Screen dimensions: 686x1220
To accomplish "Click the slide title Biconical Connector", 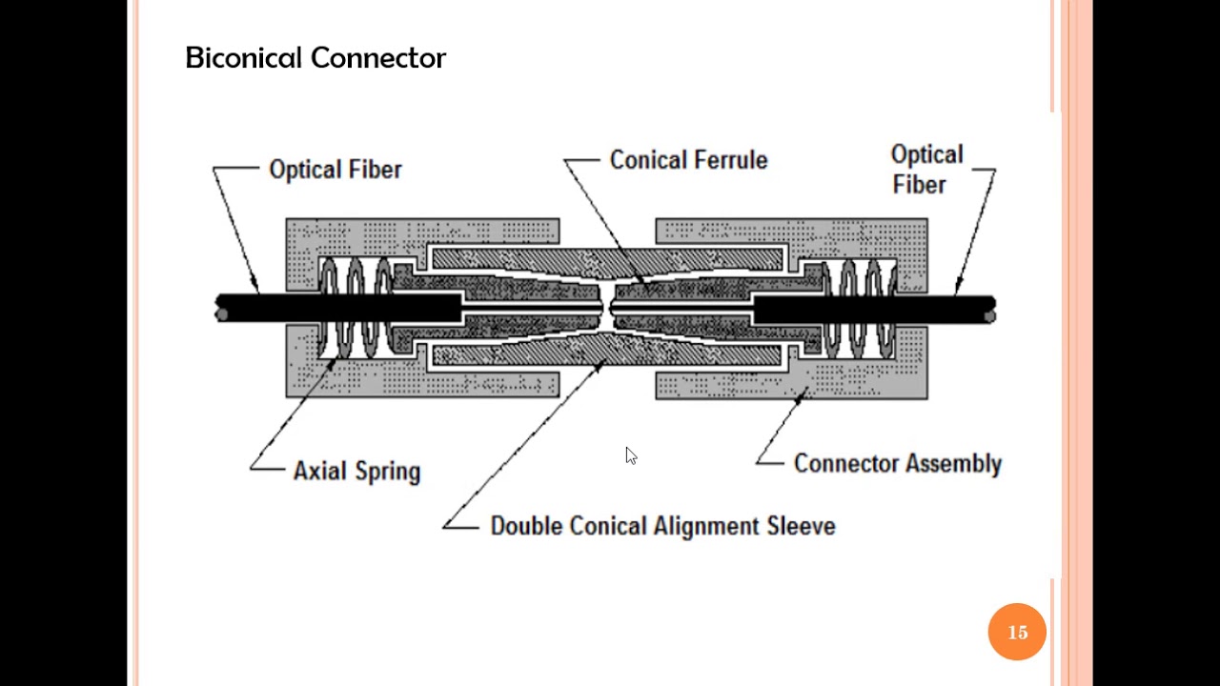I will (x=315, y=58).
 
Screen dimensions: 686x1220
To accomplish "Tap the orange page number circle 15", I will (x=1017, y=632).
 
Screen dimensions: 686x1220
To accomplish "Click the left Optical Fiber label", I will (x=335, y=170).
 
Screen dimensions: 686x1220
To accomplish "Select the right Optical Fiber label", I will (x=926, y=170).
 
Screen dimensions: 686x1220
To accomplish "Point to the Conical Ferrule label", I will (x=688, y=160).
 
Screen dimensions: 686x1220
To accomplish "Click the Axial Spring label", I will (x=356, y=471).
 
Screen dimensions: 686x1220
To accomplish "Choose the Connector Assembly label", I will (x=897, y=464).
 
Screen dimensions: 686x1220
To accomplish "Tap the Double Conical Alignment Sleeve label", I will (x=662, y=526).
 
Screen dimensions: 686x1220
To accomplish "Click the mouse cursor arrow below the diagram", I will (x=630, y=455).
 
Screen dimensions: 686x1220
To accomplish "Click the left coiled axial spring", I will (x=355, y=308).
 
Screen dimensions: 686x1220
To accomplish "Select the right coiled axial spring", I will (x=859, y=308).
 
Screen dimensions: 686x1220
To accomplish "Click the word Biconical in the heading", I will (x=245, y=58).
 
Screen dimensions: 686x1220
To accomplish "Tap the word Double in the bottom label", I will (x=526, y=526).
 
